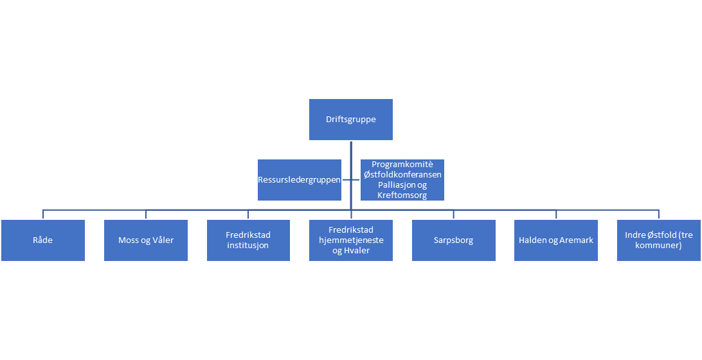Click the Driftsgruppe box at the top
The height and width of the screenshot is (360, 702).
click(x=350, y=120)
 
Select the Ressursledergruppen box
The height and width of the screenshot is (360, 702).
click(x=299, y=180)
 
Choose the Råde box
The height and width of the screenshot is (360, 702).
click(x=42, y=240)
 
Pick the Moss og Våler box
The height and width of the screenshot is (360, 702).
click(x=146, y=240)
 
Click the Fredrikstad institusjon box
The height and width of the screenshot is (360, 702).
click(x=248, y=240)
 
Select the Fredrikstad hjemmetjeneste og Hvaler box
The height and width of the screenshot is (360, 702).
click(x=350, y=240)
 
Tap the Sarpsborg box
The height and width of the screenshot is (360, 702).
click(x=453, y=240)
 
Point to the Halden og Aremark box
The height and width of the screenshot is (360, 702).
click(x=556, y=240)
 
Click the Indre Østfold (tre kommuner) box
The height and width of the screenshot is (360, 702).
click(x=658, y=240)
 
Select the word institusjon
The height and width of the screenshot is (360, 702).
click(x=248, y=245)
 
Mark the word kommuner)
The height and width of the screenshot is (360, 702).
click(x=659, y=245)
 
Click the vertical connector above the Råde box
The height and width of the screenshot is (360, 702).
click(x=43, y=214)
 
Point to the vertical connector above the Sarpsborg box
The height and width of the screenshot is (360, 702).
click(x=453, y=214)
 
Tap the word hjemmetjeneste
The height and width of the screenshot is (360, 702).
click(x=350, y=240)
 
